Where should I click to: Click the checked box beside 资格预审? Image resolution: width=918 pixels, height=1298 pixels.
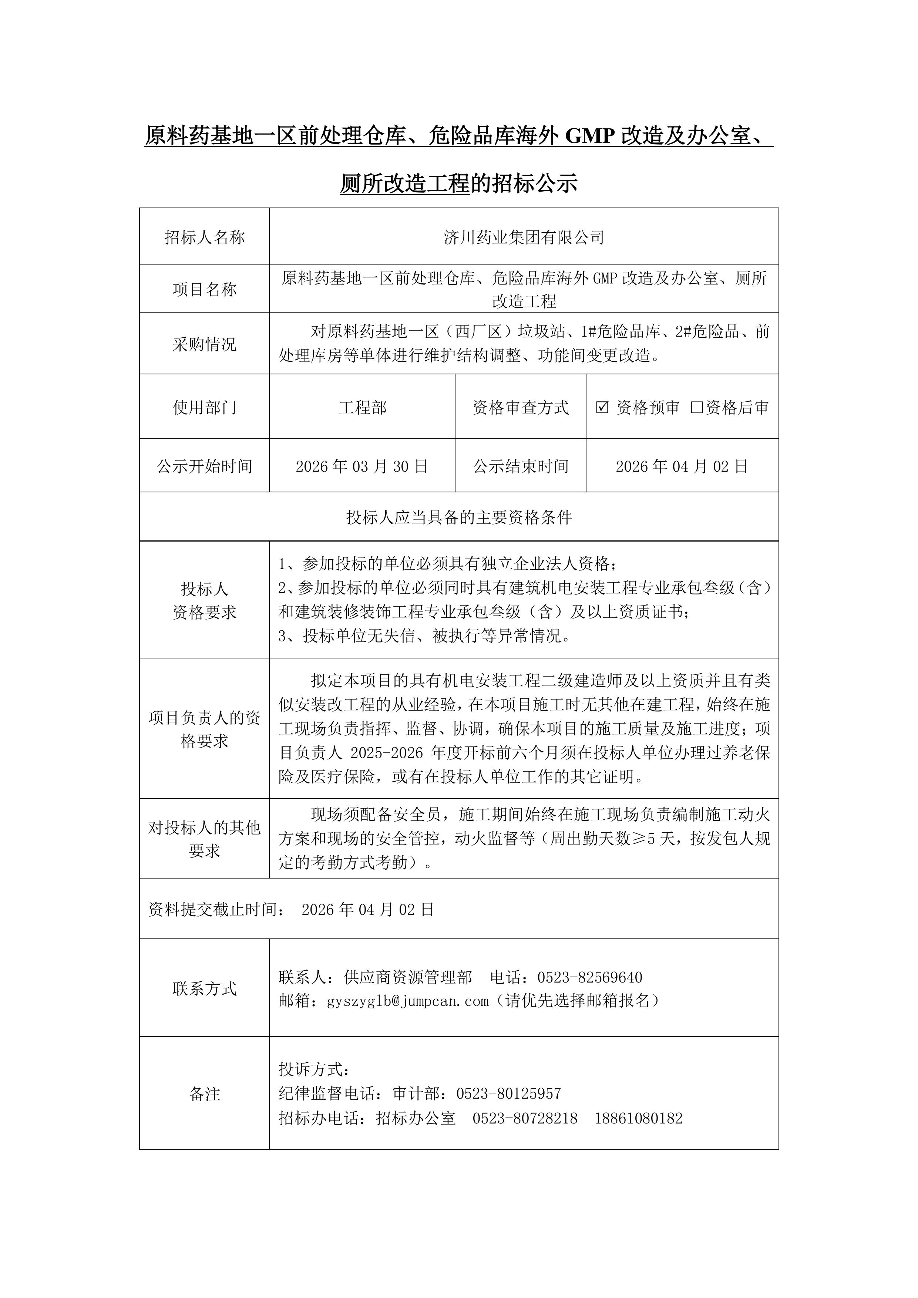point(602,407)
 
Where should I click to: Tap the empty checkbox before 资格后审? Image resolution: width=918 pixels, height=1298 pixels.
point(697,407)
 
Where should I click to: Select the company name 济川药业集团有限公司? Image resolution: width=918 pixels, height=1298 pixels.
point(524,237)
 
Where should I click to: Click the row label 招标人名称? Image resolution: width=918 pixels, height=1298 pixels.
point(204,237)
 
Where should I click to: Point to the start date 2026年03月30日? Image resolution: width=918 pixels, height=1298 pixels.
point(362,466)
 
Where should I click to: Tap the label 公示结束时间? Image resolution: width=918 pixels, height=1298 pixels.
point(520,466)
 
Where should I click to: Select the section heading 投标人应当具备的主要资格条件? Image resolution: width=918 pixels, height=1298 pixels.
point(459,517)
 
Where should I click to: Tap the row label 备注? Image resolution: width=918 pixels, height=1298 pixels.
point(204,1094)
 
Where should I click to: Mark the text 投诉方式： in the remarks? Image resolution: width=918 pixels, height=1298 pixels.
point(315,1069)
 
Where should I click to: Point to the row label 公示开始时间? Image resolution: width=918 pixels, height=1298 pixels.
point(204,466)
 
